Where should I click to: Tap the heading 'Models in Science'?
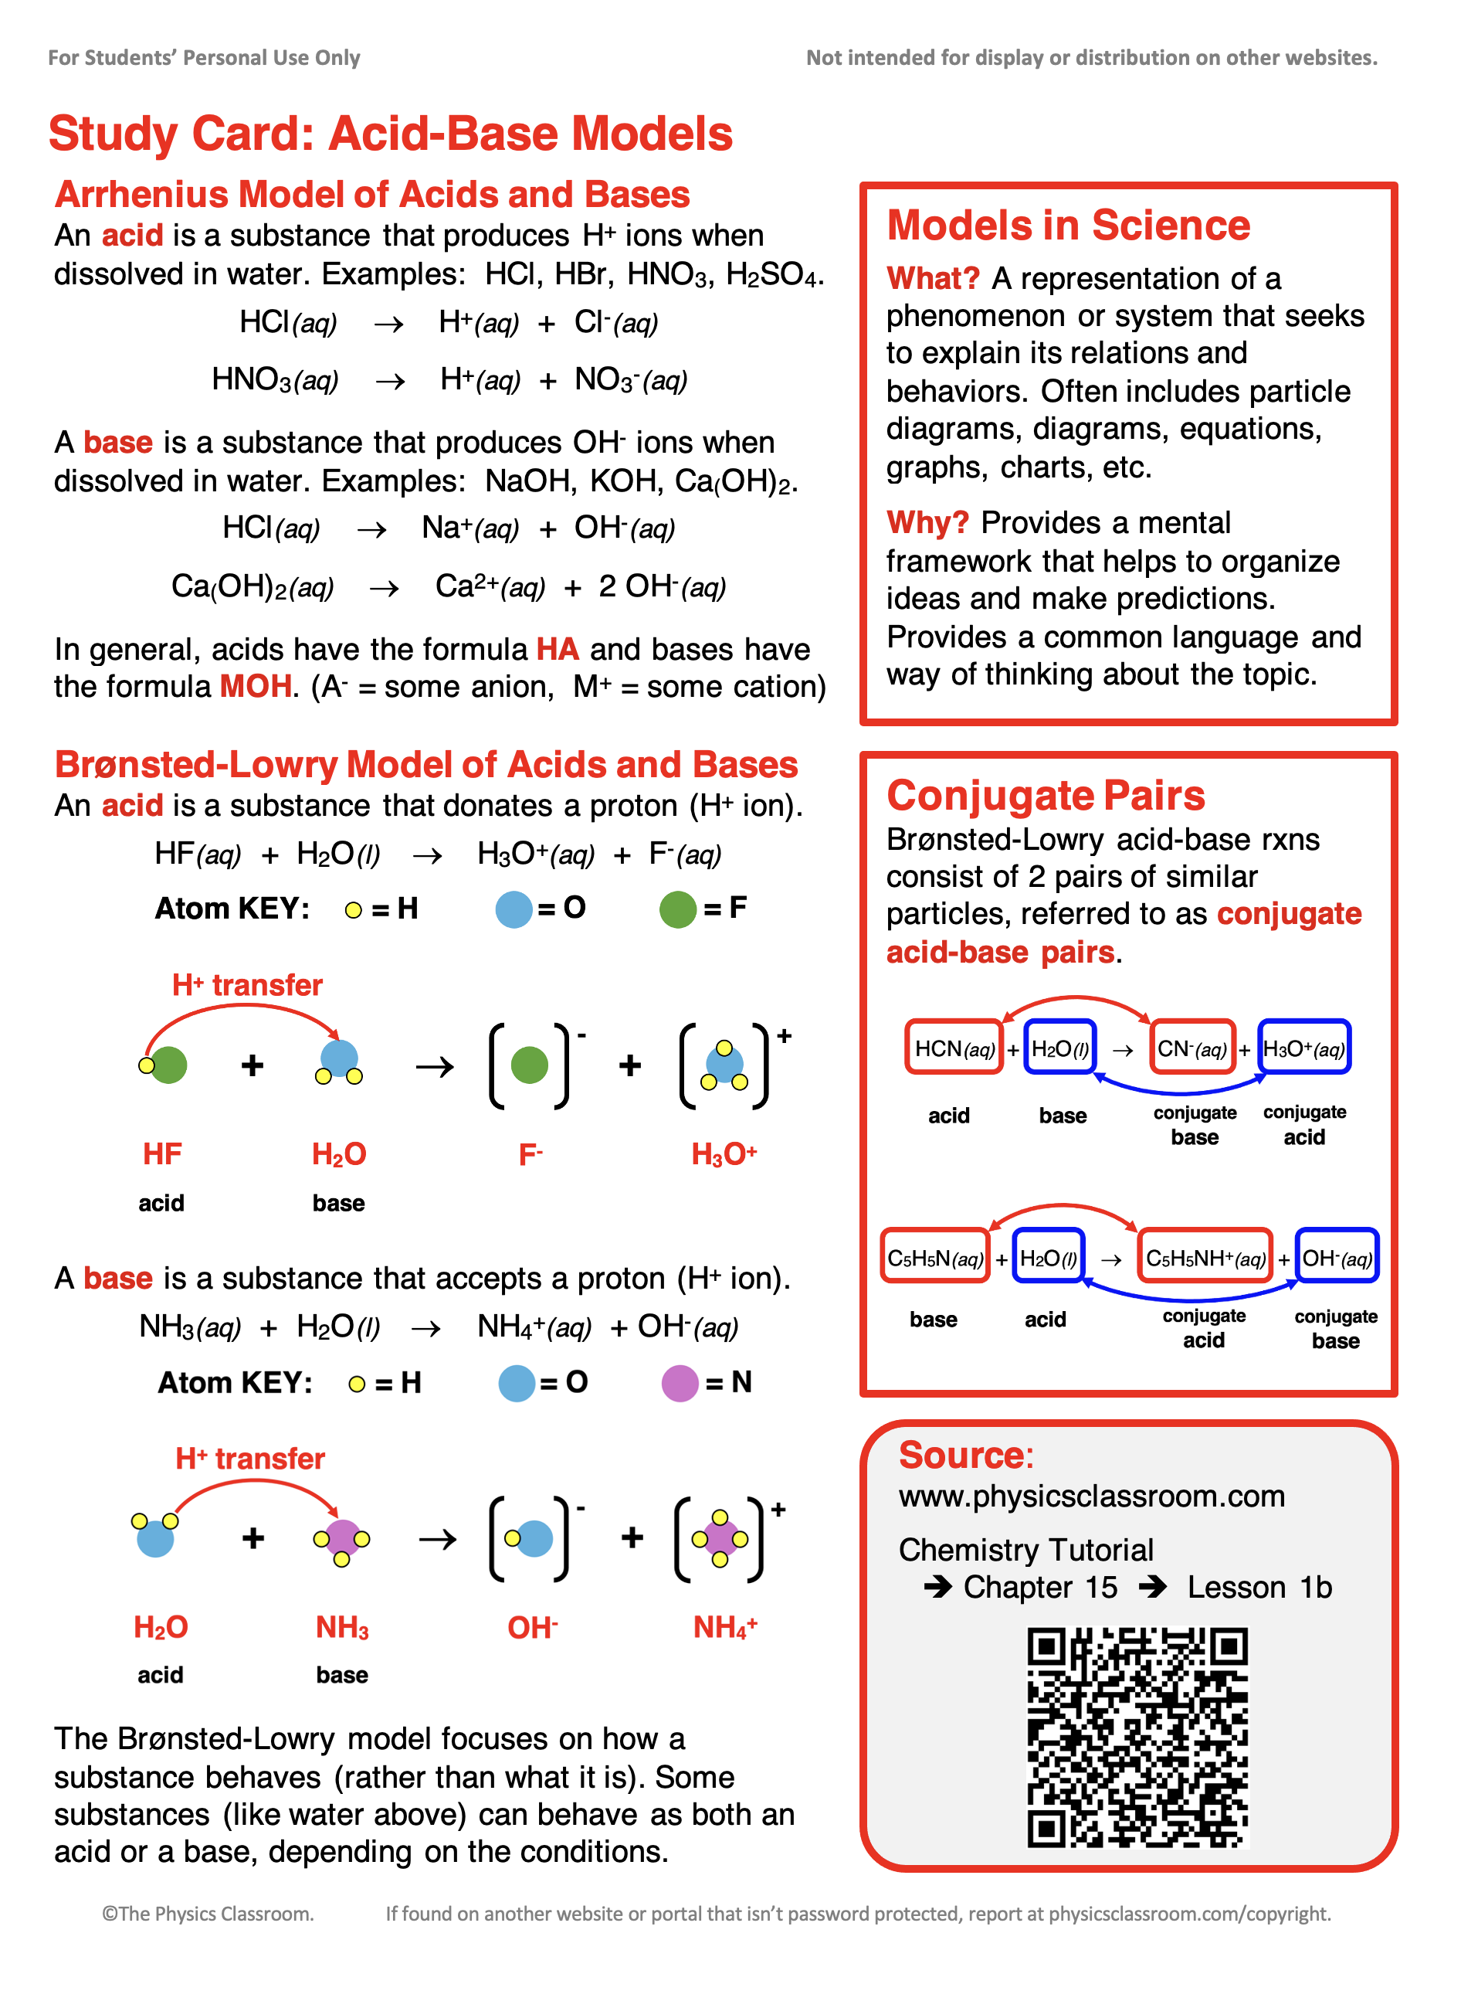click(x=1067, y=226)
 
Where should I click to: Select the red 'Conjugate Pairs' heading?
click(x=1046, y=795)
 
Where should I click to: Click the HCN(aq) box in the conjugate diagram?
click(x=954, y=1048)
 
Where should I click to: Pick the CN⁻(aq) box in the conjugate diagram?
click(x=1192, y=1048)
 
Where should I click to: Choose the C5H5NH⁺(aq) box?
click(x=1205, y=1258)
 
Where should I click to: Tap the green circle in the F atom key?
click(x=677, y=909)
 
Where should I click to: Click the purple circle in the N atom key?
click(x=680, y=1384)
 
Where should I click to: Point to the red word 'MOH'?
click(x=256, y=687)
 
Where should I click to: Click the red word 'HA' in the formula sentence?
click(x=558, y=649)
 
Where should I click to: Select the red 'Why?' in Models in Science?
click(x=927, y=523)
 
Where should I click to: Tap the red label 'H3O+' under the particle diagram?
click(x=724, y=1154)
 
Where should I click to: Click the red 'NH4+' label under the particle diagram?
click(x=724, y=1627)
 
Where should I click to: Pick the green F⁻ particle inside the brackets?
click(x=529, y=1065)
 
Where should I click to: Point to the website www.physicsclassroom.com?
click(x=1091, y=1496)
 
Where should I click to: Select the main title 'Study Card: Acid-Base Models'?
click(x=390, y=134)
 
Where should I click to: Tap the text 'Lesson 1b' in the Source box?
click(x=1259, y=1587)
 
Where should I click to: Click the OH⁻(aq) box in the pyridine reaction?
click(x=1337, y=1258)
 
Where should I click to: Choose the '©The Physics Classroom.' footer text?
click(x=208, y=1914)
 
